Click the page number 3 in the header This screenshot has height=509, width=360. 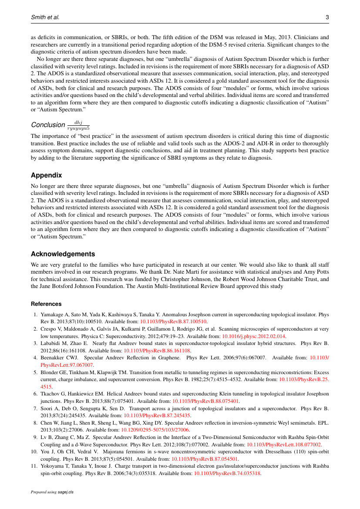327,17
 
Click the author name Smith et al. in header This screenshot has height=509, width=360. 45,17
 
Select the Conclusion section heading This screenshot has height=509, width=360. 48,125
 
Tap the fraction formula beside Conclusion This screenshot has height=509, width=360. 78,125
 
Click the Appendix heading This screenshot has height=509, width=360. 46,175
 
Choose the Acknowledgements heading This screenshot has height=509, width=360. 63,254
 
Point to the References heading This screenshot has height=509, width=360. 46,304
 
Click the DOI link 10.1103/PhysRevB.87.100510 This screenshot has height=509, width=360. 173,321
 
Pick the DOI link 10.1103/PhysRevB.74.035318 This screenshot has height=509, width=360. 227,474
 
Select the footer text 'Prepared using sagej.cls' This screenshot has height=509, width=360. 52,492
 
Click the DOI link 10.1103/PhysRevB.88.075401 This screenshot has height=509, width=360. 205,401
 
